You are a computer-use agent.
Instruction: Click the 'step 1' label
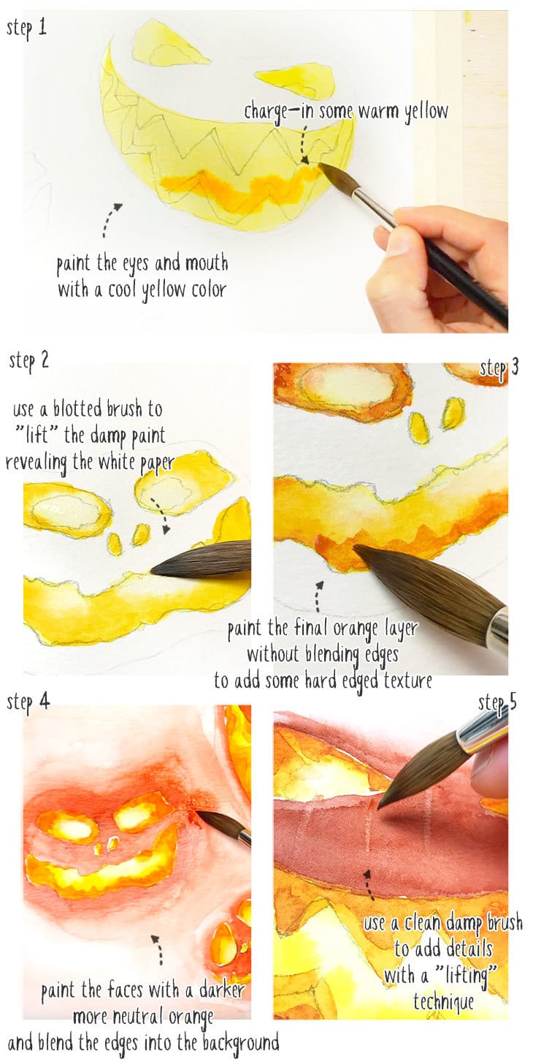coord(27,29)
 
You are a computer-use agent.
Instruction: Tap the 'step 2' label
coord(28,360)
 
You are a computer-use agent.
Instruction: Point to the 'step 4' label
coord(28,702)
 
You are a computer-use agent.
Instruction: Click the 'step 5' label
coord(498,703)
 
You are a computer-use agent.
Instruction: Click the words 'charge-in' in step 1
coord(273,112)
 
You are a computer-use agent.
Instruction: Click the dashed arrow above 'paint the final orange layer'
coord(318,596)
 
